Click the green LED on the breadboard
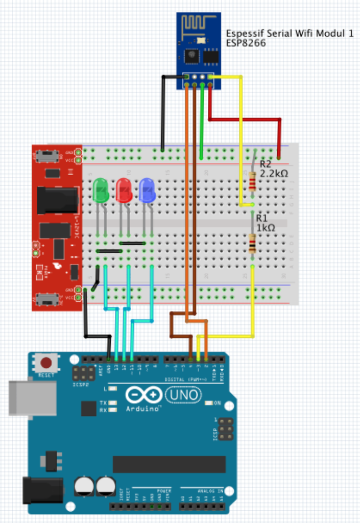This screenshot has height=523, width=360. pos(101,189)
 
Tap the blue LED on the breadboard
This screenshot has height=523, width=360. pos(148,189)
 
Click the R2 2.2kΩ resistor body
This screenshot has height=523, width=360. pos(253,181)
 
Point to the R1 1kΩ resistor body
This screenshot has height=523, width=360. pos(253,243)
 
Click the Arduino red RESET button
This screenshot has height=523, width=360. pos(46,363)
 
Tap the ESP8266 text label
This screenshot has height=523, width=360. pos(246,43)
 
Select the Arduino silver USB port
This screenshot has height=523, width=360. pos(32,398)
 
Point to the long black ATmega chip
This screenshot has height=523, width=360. pos(169,464)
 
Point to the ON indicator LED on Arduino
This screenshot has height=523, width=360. pos(208,403)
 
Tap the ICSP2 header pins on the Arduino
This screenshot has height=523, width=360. pos(83,372)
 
